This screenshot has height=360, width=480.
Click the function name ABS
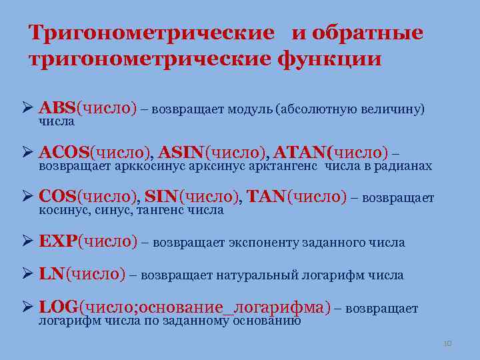[x=58, y=107]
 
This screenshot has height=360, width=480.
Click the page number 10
[x=447, y=343]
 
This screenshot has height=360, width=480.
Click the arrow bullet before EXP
[x=27, y=241]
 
